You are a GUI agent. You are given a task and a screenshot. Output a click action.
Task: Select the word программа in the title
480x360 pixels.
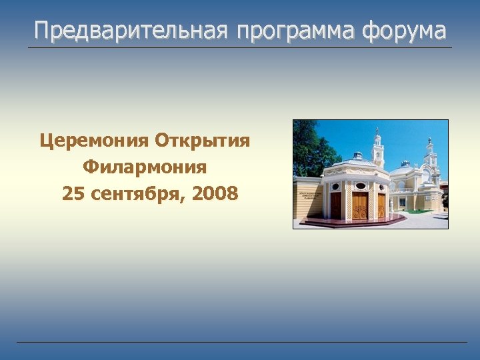click(292, 31)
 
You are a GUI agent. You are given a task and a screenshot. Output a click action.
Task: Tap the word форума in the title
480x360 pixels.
click(407, 31)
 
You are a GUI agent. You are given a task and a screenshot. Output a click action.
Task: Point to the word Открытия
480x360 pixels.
click(203, 140)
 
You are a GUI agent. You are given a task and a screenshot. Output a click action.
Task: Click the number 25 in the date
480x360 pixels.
click(73, 193)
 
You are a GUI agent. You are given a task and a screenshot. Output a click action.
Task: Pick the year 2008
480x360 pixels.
click(215, 193)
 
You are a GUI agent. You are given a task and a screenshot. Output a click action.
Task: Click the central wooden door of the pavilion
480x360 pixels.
click(360, 205)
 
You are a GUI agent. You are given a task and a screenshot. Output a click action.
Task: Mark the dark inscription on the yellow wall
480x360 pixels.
click(308, 193)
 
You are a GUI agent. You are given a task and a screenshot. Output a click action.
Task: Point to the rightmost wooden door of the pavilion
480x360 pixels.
click(381, 205)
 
